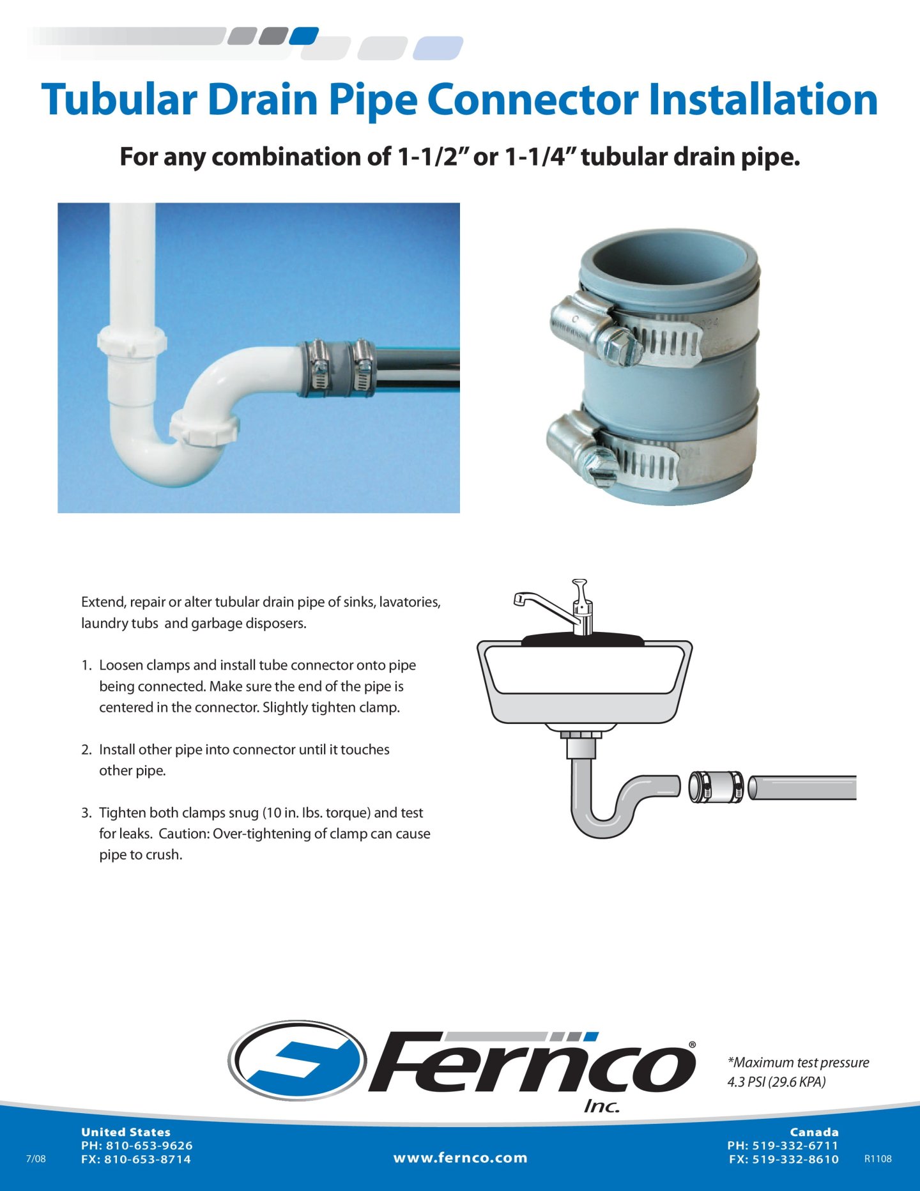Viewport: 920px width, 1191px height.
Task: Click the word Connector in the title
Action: click(532, 100)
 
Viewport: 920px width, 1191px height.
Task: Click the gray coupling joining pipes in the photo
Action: click(337, 368)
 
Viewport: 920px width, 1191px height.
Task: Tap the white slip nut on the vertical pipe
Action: click(132, 342)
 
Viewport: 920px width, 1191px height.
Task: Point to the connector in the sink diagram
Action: click(716, 787)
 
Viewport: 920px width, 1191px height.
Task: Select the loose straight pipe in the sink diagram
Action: click(802, 787)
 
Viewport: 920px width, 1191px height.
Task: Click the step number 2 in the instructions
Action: click(86, 749)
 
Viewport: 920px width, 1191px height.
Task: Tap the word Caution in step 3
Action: click(183, 834)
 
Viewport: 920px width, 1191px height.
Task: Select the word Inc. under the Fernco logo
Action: click(602, 1107)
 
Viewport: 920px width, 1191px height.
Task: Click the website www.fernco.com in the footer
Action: click(460, 1158)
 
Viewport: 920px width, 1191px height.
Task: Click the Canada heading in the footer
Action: click(814, 1132)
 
